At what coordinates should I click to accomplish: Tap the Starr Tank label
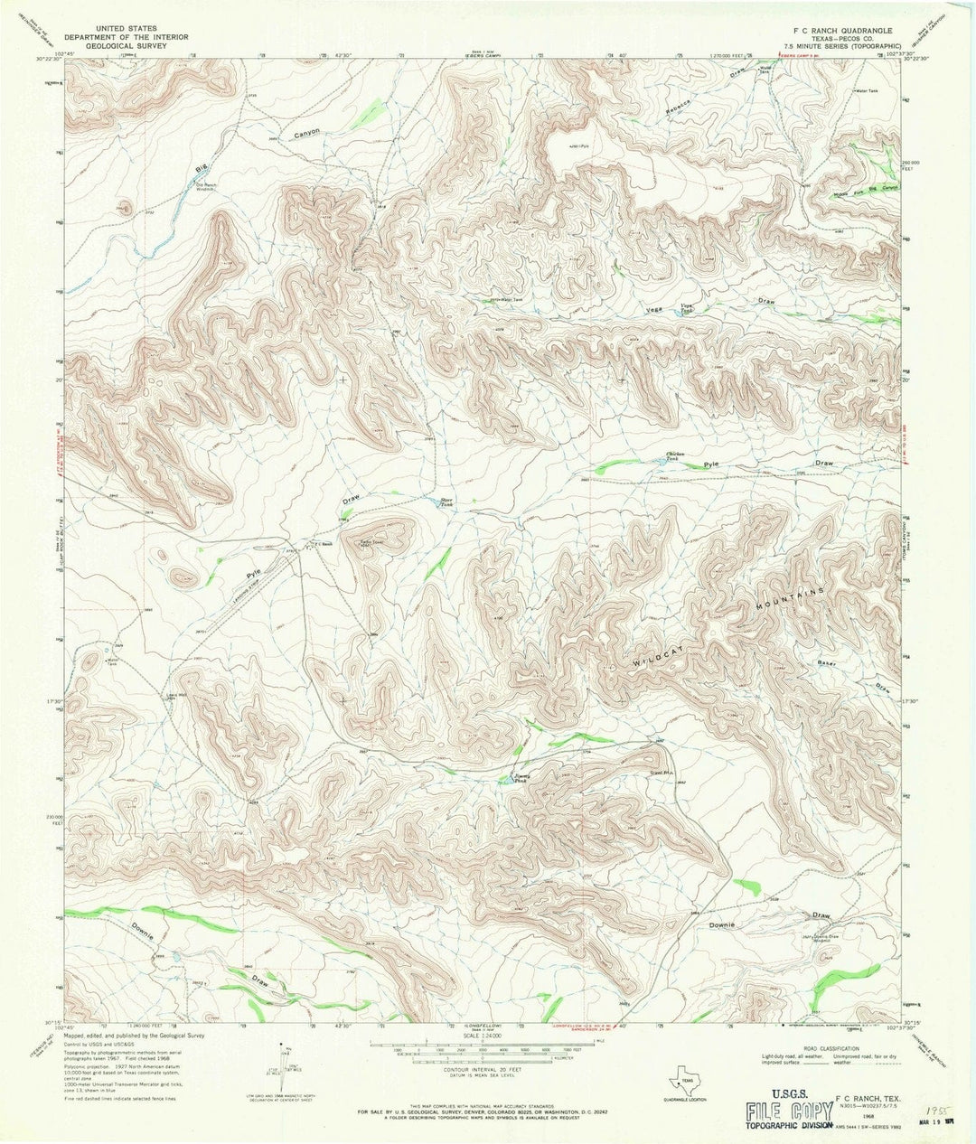446,503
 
